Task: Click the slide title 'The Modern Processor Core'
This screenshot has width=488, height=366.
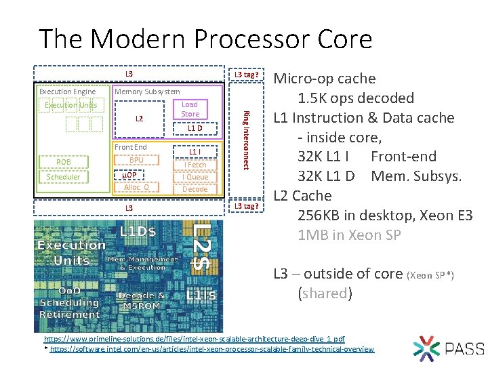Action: [205, 39]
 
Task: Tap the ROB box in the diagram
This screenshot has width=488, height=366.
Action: [63, 162]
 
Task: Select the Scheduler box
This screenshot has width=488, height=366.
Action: [63, 177]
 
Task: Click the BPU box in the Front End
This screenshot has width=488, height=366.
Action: [136, 160]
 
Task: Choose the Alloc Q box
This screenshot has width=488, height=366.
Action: [136, 187]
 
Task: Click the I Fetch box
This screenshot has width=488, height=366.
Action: [195, 165]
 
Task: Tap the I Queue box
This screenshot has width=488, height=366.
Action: [195, 177]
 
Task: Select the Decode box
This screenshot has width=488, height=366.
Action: [195, 189]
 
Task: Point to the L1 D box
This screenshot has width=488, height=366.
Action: [195, 128]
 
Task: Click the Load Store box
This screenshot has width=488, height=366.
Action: [190, 109]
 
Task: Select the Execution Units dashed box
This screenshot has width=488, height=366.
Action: [70, 105]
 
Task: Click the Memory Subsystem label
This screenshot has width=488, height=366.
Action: [147, 91]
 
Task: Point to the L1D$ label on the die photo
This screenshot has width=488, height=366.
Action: [138, 231]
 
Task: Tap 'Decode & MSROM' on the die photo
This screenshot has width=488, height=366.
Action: [141, 301]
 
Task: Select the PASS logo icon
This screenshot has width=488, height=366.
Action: [426, 348]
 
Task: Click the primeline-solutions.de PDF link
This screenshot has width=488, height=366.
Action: [195, 338]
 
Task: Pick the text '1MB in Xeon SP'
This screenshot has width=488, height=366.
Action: [349, 235]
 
